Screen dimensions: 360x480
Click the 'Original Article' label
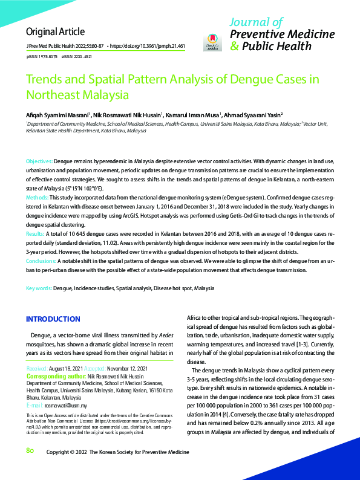click(55, 31)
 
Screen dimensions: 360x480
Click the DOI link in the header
click(149, 46)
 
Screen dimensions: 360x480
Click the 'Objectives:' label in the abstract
click(39, 163)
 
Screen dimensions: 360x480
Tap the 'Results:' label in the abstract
click(35, 232)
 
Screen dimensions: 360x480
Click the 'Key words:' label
click(39, 290)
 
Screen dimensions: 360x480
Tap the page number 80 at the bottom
click(30, 451)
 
